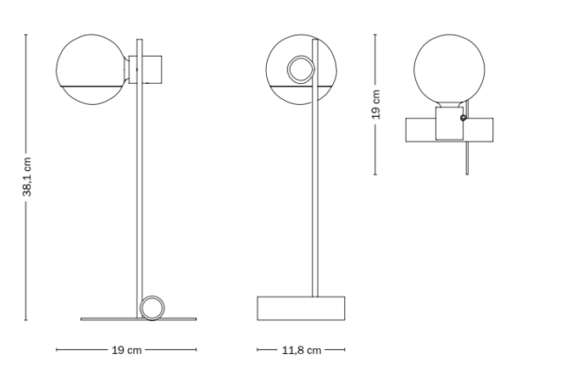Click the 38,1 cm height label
27,177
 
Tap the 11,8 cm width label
301,350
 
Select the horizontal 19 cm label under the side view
126,350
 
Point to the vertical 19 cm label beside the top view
375,105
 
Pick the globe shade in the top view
449,70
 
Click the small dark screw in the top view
463,117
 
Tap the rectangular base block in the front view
301,308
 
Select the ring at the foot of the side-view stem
152,308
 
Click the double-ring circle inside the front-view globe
301,69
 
